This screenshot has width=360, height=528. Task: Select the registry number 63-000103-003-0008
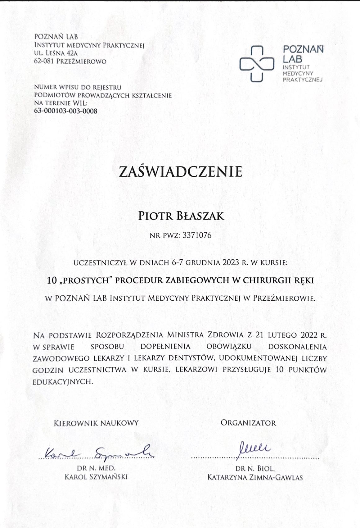(65, 111)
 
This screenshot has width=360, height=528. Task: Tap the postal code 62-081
(44, 61)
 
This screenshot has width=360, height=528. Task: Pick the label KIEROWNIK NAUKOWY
(96, 423)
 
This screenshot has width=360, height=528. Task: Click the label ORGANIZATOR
(248, 423)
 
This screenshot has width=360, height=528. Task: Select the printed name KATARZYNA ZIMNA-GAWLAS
(255, 477)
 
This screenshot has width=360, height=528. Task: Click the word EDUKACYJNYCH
(63, 381)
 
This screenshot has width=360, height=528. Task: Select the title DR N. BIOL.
(255, 468)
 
